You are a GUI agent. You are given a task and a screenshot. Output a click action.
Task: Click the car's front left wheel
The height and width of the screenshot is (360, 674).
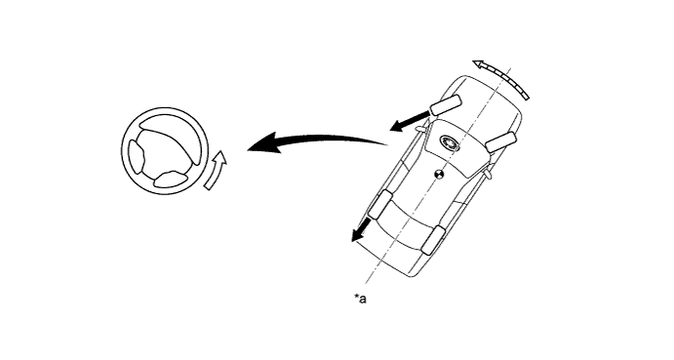446,104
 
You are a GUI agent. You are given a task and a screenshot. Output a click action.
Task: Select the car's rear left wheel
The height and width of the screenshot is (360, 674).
381,205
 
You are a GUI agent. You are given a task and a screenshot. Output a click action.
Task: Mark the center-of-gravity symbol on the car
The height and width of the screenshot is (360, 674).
440,176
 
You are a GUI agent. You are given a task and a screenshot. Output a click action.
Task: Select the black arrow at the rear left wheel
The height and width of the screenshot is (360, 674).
362,231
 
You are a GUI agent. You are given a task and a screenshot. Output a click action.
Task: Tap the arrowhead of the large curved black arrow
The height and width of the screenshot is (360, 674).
256,147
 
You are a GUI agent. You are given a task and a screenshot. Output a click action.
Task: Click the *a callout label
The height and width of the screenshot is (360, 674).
360,299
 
